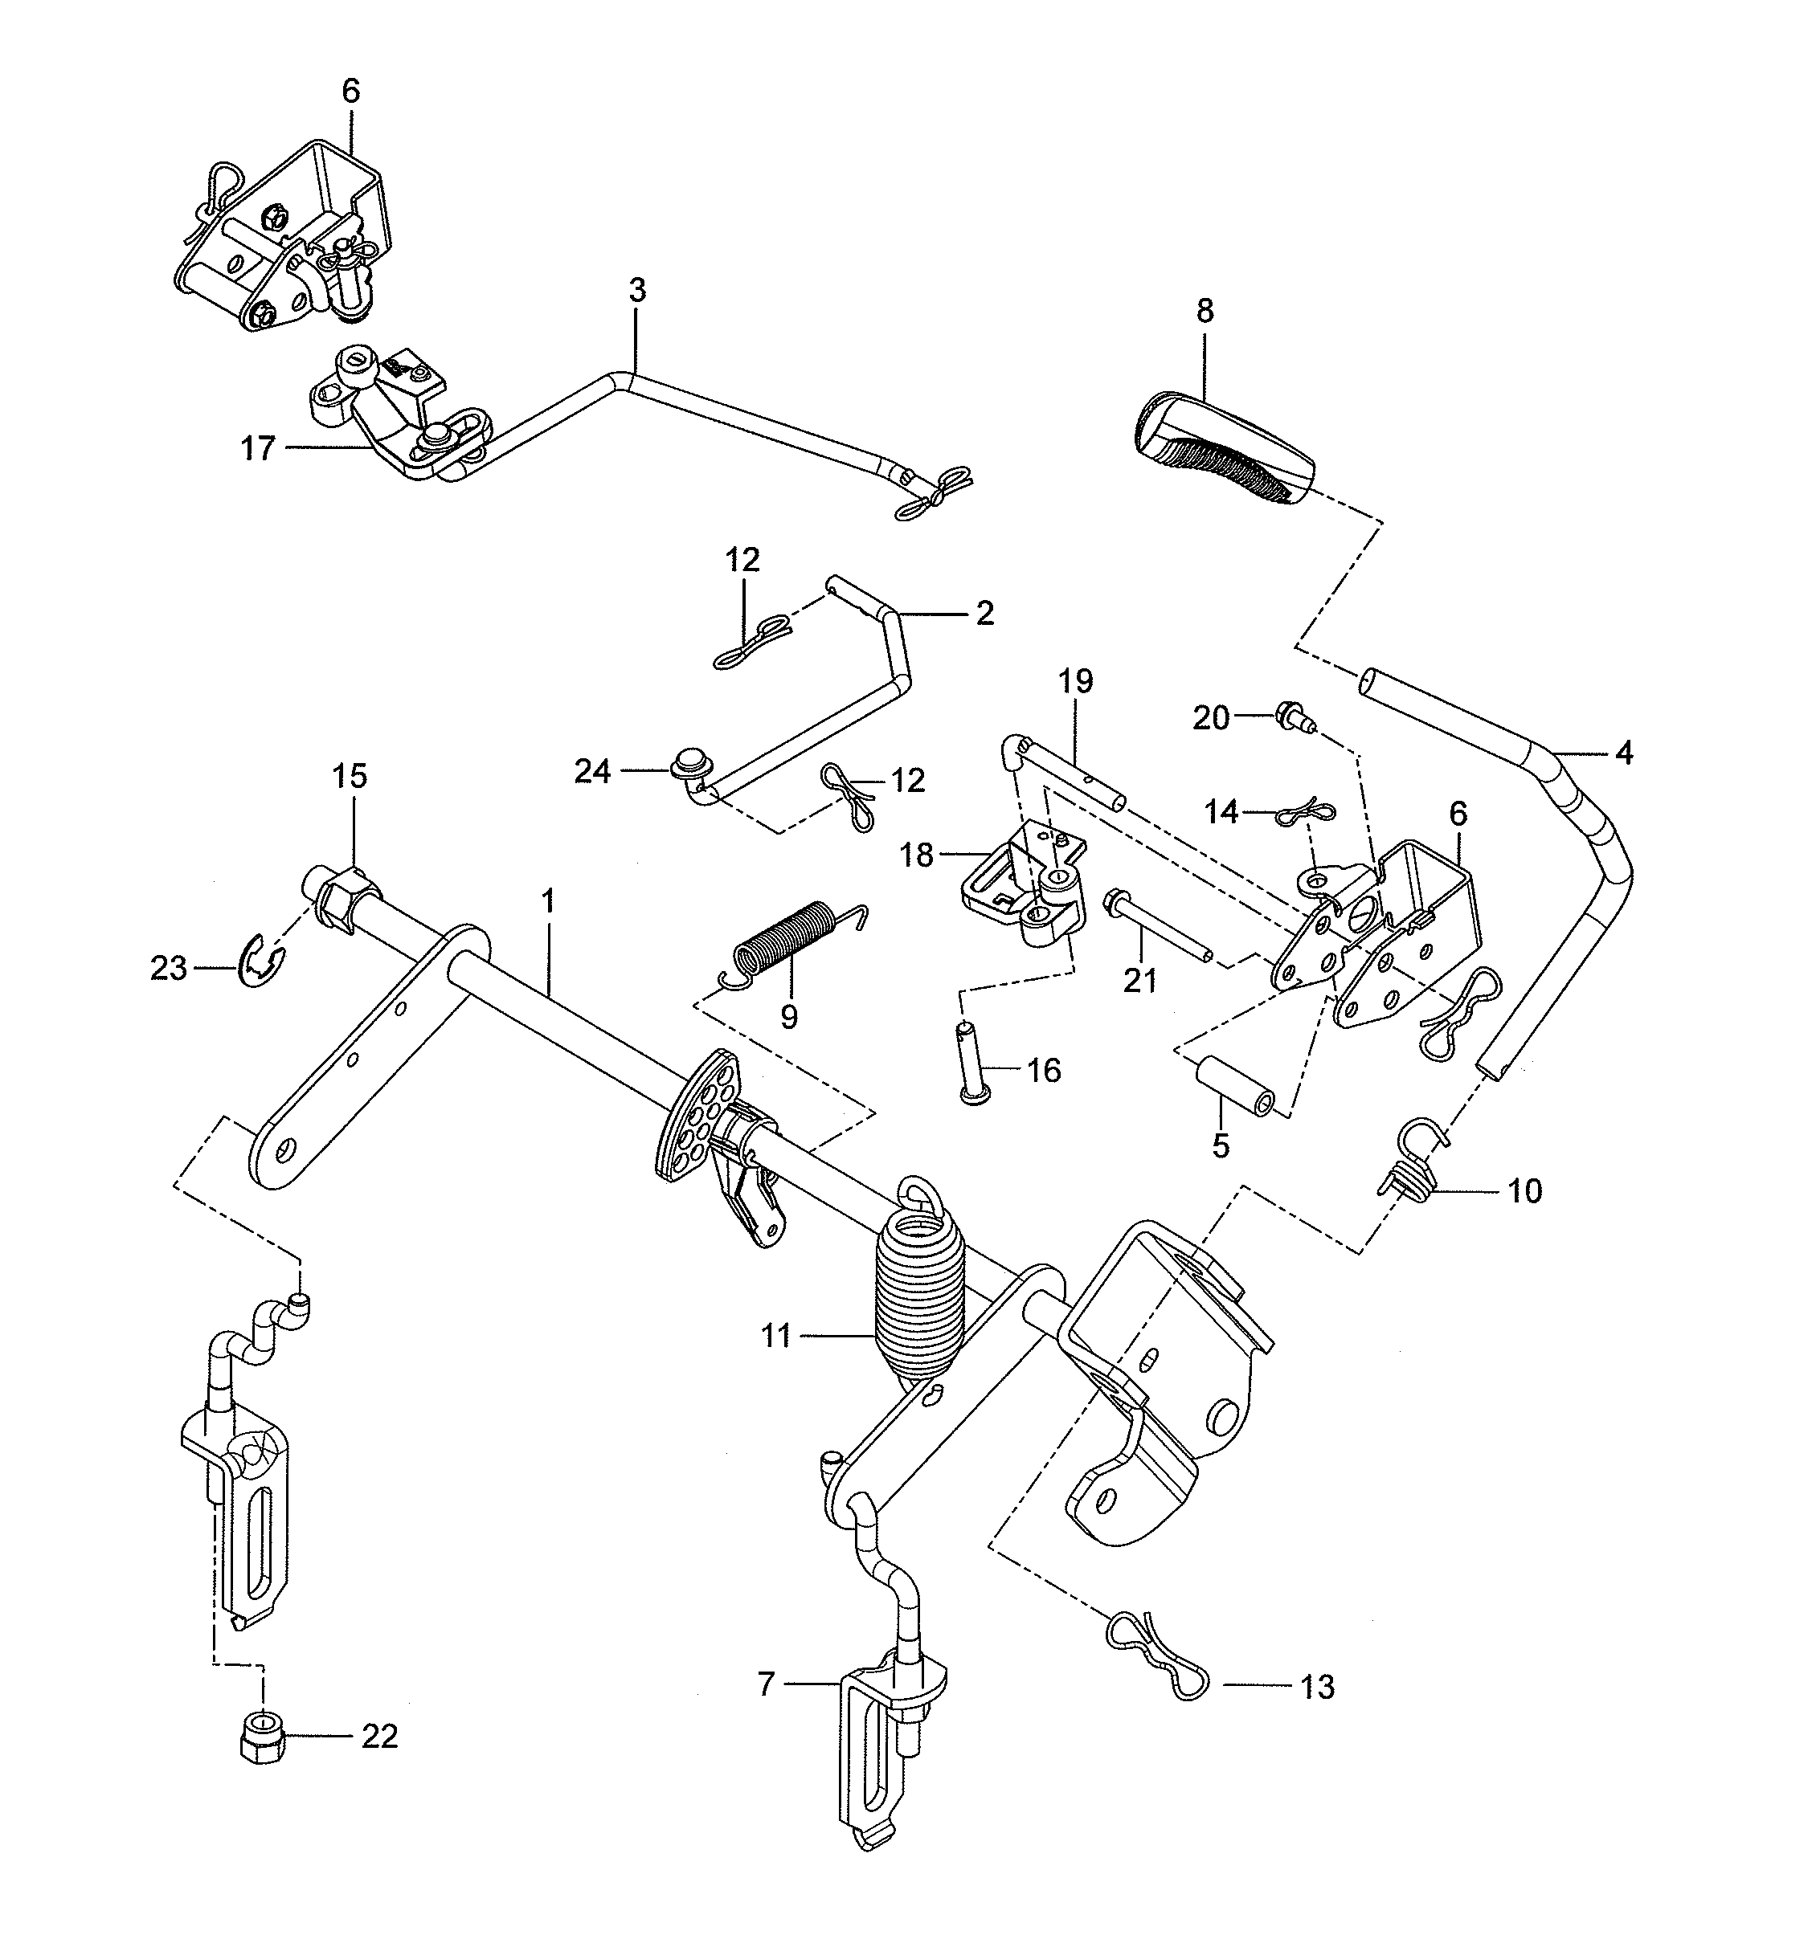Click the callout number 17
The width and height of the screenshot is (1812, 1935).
click(x=258, y=450)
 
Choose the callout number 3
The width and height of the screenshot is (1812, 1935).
click(x=636, y=290)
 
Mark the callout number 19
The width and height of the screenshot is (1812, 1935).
click(x=1076, y=681)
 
